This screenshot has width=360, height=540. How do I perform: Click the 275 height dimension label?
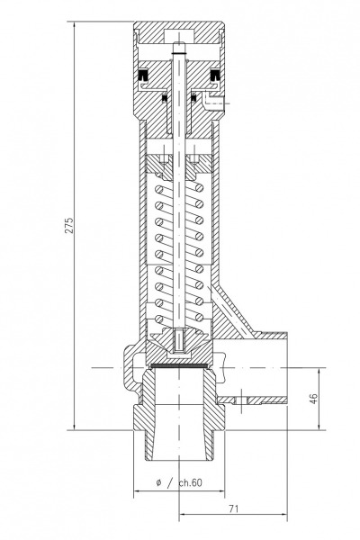click(69, 225)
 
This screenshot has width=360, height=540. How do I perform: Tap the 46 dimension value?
click(313, 398)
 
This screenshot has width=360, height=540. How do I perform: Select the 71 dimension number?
click(234, 508)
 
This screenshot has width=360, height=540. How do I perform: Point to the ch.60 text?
click(191, 482)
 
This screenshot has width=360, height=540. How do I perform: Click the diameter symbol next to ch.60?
click(158, 482)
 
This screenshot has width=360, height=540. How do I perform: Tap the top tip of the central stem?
click(179, 42)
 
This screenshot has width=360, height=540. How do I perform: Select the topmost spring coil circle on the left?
click(159, 190)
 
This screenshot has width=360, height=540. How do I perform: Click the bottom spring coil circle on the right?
click(199, 317)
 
